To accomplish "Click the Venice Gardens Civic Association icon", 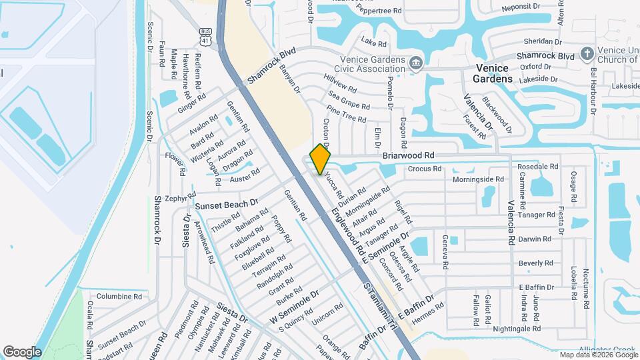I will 417,63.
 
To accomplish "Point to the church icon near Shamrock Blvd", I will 586,53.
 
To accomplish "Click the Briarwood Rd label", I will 409,155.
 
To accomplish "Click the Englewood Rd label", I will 349,231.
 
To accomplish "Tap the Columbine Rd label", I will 119,296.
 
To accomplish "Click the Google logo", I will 22,351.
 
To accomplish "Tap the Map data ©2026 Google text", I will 597,355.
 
